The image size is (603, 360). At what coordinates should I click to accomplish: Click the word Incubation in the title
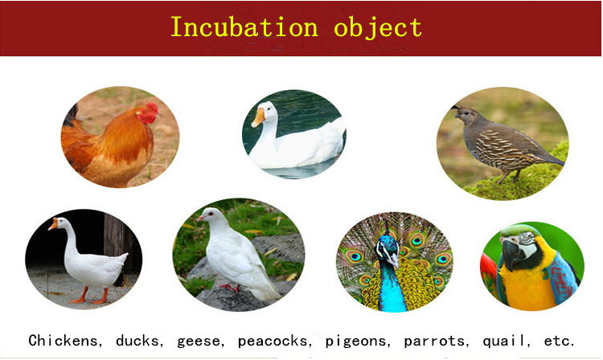(244, 27)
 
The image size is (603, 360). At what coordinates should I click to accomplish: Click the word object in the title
(378, 28)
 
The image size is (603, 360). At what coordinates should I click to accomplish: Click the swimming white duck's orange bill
(258, 117)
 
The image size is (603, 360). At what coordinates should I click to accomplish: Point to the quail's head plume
(455, 107)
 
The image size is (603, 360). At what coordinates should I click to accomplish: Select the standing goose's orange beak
(53, 224)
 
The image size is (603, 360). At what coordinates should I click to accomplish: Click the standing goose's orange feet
(90, 298)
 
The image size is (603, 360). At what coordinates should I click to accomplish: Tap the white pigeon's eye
(211, 213)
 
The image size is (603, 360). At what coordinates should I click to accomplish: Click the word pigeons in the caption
(356, 342)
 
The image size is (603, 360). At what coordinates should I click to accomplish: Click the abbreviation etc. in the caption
(559, 342)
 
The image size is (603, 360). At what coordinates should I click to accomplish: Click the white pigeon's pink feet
(231, 288)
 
